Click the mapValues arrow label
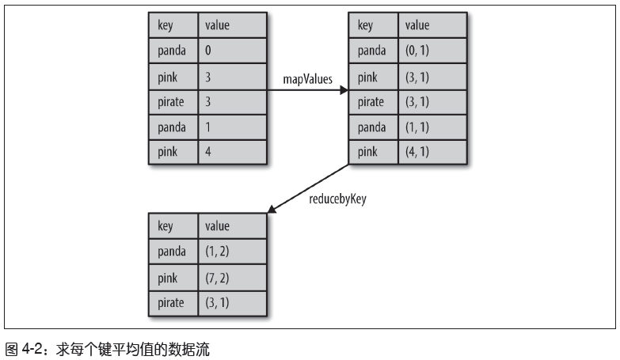coord(307,79)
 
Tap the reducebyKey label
coord(337,199)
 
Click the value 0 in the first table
coord(208,51)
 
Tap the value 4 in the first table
coord(208,152)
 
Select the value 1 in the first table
coord(208,127)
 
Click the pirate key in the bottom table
coord(171,302)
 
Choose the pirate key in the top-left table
coord(172,101)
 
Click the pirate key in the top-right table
coord(371,101)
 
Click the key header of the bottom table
coord(165,226)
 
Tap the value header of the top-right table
coord(417,25)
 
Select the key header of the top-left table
coord(165,25)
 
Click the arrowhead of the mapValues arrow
coord(344,90)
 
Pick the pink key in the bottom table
coord(167,277)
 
